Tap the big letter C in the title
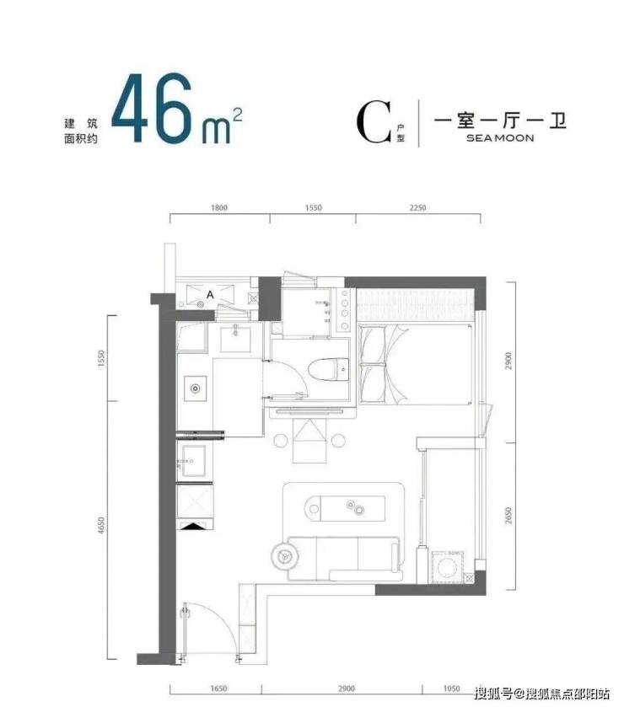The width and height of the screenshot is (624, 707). [x=374, y=122]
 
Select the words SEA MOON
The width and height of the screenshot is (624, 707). [x=500, y=138]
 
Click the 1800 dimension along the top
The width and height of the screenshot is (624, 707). [x=219, y=208]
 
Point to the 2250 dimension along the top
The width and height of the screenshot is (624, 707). [x=417, y=208]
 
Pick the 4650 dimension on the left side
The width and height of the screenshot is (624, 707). [x=101, y=526]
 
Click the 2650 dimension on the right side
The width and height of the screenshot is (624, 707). [x=508, y=516]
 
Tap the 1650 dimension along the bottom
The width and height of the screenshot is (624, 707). [x=218, y=688]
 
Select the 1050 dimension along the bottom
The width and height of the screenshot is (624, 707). [x=451, y=688]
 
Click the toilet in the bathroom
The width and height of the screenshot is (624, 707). [x=329, y=369]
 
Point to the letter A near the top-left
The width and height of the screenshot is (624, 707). [x=210, y=295]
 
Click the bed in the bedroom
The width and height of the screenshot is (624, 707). [x=416, y=364]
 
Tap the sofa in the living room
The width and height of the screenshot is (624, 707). [x=345, y=558]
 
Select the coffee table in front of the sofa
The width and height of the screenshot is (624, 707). [x=345, y=509]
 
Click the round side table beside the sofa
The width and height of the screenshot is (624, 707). [x=284, y=556]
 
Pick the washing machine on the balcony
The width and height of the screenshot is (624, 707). [x=449, y=566]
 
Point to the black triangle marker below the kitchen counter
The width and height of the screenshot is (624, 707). [x=195, y=526]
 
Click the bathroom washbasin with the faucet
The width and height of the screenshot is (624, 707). [x=234, y=340]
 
